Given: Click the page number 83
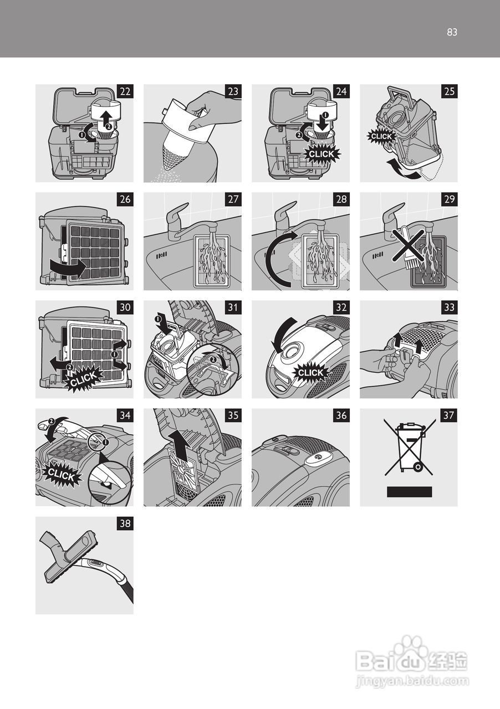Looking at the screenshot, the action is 452,32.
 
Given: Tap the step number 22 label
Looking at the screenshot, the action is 125,91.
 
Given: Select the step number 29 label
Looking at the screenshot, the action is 450,199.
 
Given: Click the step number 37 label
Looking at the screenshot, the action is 450,415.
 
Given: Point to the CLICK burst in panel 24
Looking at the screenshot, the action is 322,154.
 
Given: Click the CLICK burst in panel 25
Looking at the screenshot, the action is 381,136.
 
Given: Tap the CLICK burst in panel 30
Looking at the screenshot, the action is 83,378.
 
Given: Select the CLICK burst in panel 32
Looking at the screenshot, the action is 310,373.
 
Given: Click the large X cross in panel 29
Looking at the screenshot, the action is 408,245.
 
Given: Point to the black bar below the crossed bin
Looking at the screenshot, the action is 410,492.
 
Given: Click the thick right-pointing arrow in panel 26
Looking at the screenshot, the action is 68,267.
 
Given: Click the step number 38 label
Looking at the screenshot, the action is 125,524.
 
